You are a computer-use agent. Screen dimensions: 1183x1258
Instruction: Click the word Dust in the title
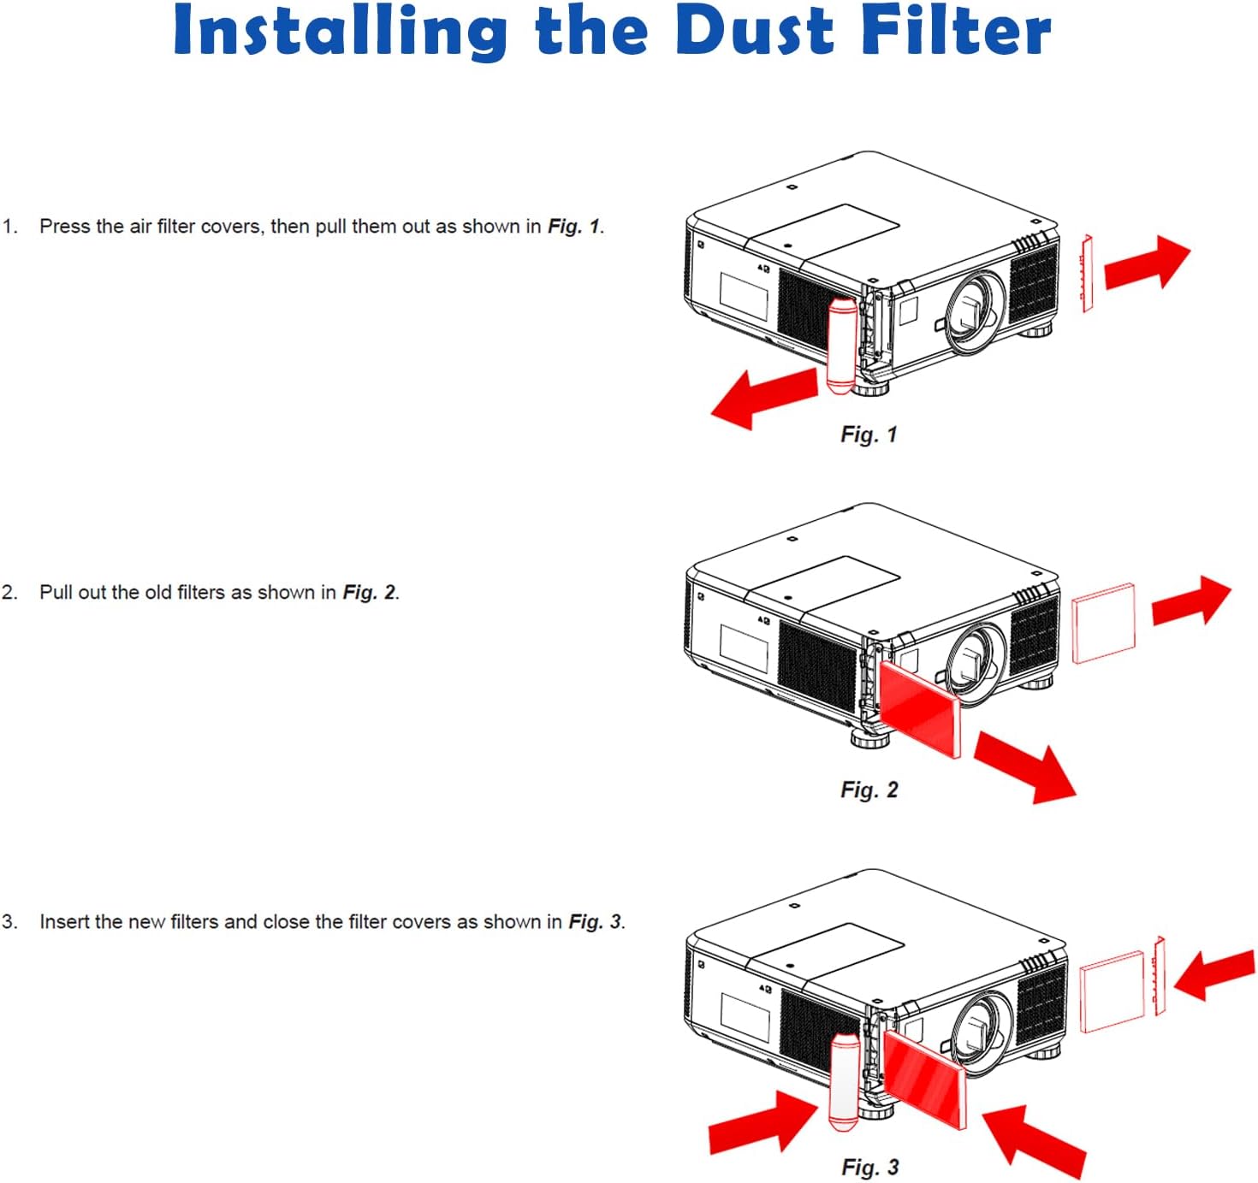click(x=754, y=31)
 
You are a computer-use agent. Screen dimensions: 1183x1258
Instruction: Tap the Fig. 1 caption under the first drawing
click(x=868, y=435)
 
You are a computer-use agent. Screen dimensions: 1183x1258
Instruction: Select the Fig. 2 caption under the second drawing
click(x=869, y=790)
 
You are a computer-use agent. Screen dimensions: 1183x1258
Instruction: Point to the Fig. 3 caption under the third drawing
click(x=869, y=1167)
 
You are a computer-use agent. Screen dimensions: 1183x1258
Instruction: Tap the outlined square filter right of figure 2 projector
click(x=1103, y=623)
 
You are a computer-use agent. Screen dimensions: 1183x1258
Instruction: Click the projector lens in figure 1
click(x=976, y=310)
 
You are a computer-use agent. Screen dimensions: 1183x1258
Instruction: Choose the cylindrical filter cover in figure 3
click(x=844, y=1080)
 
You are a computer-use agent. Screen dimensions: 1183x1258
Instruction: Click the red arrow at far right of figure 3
click(x=1213, y=973)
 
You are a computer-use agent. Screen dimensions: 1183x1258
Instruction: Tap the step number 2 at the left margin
click(x=9, y=593)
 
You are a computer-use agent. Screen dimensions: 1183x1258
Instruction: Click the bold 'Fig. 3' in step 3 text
click(x=596, y=922)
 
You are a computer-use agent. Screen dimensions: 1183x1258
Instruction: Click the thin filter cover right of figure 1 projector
click(x=1087, y=273)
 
